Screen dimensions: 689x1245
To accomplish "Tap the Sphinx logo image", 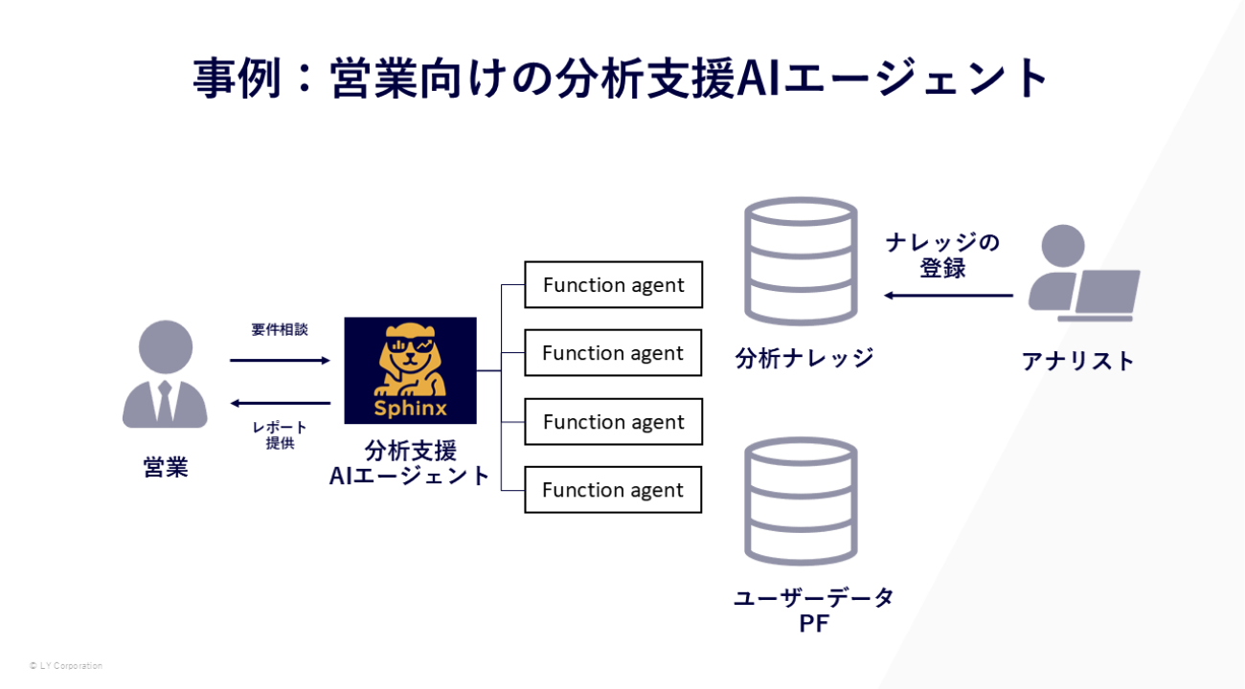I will tap(410, 370).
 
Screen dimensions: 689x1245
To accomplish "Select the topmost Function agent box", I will tap(613, 285).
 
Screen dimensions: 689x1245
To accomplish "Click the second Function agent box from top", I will tap(613, 353).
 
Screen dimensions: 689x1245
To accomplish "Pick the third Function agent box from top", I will tap(613, 422).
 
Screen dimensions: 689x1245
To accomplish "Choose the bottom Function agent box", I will tap(613, 490).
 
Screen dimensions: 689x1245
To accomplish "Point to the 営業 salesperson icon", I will tap(165, 375).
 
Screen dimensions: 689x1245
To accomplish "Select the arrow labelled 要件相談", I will tap(280, 360).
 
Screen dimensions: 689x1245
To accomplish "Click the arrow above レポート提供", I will tap(280, 403).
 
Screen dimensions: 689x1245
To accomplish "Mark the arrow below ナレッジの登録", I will tap(948, 295).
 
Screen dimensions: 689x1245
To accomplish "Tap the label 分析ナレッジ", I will tap(804, 359).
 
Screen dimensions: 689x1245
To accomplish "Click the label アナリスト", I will tap(1078, 361).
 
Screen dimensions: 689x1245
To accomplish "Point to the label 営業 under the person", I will tap(165, 468).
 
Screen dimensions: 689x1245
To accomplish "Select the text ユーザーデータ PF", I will tap(814, 611).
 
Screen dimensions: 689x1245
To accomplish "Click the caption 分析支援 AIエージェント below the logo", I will tap(410, 463).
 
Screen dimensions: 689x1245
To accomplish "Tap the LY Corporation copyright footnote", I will tap(66, 665).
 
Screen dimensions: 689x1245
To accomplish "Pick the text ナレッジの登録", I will tap(942, 255).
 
